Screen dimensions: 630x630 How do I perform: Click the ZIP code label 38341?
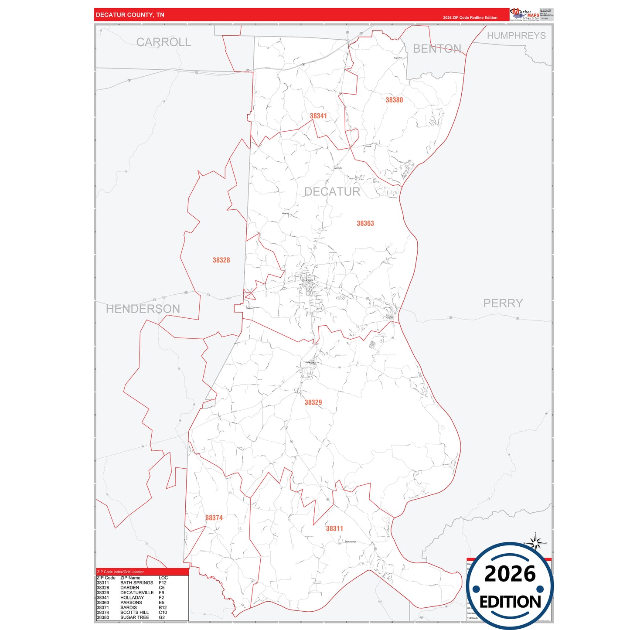pos(318,116)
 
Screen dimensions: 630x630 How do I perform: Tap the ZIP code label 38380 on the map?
pos(394,100)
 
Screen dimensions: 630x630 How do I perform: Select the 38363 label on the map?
pos(365,223)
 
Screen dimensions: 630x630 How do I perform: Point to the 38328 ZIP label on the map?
pos(221,260)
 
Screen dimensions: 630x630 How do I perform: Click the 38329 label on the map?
pos(313,402)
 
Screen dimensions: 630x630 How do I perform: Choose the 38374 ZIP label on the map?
pos(214,518)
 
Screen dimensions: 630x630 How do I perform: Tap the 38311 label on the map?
pos(334,528)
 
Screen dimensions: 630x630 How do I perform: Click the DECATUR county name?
pos(332,192)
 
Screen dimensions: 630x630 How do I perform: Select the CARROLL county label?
pos(163,42)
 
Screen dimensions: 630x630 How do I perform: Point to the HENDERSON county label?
pos(143,309)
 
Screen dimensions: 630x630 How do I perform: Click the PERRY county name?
pos(503,303)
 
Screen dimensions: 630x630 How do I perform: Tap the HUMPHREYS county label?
pos(516,36)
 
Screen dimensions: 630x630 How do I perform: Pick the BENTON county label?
pos(437,49)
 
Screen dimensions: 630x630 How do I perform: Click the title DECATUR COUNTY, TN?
pos(130,15)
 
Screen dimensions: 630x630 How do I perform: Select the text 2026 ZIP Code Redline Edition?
pos(470,18)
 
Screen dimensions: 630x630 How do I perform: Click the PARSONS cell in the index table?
pos(131,603)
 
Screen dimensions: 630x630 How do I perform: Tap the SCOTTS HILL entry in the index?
pos(135,613)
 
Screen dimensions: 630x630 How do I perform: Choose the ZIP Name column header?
pos(130,578)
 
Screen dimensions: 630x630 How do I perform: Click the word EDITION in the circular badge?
pos(510,602)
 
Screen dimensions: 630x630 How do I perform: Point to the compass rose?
pos(535,543)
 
